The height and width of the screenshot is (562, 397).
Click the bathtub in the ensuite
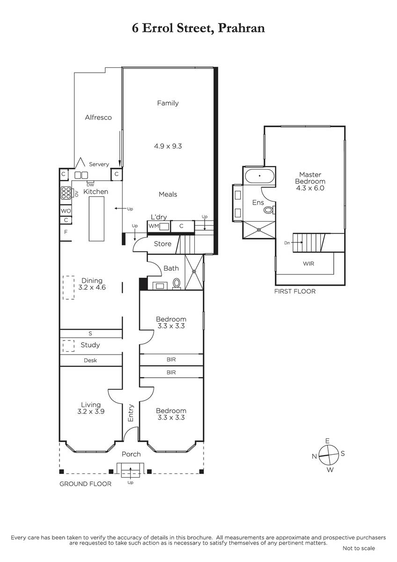click(259, 176)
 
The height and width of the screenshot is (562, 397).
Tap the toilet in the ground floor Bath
click(176, 284)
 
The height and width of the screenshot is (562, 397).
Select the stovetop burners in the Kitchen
click(66, 193)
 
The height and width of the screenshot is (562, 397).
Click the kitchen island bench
click(96, 219)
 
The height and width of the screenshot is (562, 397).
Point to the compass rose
click(329, 455)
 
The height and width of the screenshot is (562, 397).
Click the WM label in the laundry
click(154, 226)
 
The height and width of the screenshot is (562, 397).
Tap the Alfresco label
click(98, 118)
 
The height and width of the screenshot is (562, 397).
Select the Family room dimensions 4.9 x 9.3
click(168, 146)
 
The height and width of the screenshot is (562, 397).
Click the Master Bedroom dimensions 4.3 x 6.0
click(310, 188)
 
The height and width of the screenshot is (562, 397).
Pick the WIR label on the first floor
click(308, 264)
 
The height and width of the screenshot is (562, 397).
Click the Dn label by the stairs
click(287, 243)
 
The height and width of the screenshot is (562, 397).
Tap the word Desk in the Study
click(90, 360)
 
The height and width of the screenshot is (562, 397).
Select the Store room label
click(162, 244)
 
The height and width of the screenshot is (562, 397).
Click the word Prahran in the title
click(241, 28)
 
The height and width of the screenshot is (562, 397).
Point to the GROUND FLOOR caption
click(85, 484)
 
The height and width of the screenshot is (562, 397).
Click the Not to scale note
click(359, 548)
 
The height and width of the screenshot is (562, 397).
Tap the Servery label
click(99, 164)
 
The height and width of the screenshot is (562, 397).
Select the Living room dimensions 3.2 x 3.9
click(91, 411)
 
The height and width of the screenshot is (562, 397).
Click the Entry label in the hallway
click(131, 413)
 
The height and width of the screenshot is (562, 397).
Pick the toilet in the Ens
click(269, 210)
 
